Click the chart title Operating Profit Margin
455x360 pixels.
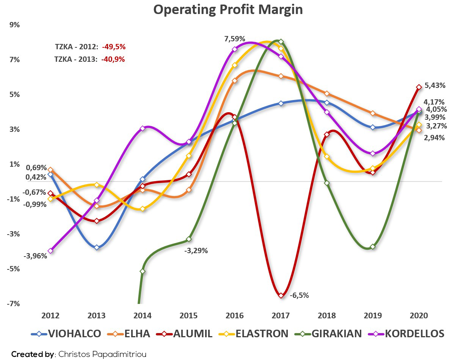click(228, 10)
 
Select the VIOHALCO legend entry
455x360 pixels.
click(66, 334)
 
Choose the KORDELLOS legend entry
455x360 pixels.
click(406, 334)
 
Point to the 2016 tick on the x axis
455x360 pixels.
click(234, 316)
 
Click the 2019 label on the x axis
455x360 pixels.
click(373, 316)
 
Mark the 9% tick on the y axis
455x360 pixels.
click(14, 25)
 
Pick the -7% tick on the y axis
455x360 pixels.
click(13, 304)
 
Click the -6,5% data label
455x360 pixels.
click(299, 295)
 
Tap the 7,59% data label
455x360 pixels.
click(235, 39)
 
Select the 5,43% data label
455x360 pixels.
click(435, 85)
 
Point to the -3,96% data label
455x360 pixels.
click(35, 256)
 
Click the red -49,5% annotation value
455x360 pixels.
click(114, 47)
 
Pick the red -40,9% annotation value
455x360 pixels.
click(113, 59)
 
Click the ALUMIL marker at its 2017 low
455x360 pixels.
click(281, 295)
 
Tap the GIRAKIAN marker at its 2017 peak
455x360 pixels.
click(281, 41)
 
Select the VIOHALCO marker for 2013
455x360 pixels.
click(97, 247)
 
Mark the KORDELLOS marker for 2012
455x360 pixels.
click(50, 251)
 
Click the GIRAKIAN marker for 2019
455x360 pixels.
click(373, 247)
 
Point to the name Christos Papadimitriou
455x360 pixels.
click(102, 354)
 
